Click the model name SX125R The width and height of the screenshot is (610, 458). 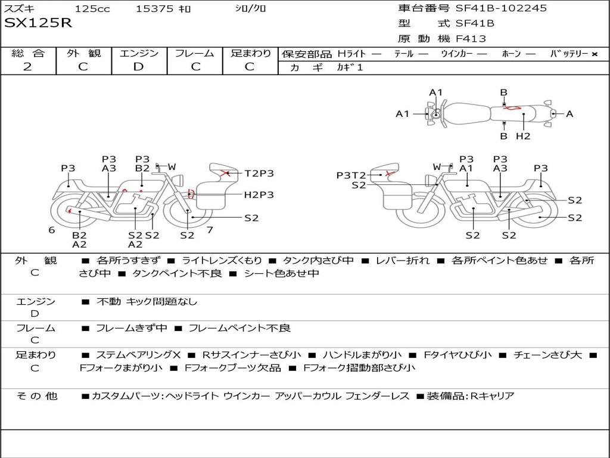pos(38,23)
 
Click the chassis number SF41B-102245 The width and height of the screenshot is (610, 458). pos(501,8)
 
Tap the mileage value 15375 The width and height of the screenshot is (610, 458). pos(154,8)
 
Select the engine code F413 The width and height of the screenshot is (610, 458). pos(471,39)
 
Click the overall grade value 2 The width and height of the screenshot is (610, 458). pos(27,66)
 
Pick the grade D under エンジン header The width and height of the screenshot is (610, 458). pos(139,66)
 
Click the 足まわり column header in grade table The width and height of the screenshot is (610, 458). pos(250,53)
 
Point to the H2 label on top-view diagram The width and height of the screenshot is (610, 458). pos(523,136)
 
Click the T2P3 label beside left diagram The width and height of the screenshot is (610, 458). pos(259,174)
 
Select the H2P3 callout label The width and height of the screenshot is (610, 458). pos(259,194)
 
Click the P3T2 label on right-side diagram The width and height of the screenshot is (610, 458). pos(351,175)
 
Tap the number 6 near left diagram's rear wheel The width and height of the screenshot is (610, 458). pos(52,230)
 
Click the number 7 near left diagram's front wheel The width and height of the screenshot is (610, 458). pos(210,230)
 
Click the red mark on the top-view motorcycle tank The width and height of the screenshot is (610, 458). pos(511,108)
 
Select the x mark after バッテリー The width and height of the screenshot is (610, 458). pos(594,54)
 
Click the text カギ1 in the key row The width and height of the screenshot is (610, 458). pos(350,67)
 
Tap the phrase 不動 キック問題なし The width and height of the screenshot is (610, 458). pos(147,302)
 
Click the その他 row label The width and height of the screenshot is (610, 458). pos(36,396)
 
